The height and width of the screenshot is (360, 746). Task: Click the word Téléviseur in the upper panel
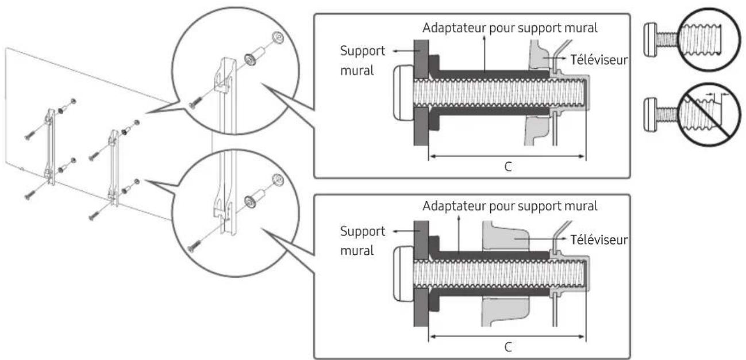(599, 60)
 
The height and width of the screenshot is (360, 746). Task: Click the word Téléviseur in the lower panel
(599, 240)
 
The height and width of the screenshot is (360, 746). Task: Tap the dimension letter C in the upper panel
(508, 167)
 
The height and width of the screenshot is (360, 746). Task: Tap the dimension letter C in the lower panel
(508, 347)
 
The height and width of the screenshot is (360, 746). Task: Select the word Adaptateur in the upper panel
(453, 28)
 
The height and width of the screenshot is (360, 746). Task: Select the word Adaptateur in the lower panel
(453, 206)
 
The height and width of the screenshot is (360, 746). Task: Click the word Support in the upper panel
(363, 51)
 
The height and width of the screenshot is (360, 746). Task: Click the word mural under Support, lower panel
(357, 250)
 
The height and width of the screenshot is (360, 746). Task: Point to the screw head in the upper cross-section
(403, 93)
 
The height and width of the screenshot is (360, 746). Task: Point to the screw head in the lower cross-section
(403, 274)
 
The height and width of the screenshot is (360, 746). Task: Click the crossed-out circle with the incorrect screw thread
(709, 114)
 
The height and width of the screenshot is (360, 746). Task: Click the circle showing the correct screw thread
(709, 39)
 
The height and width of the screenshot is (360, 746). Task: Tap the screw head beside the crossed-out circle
(651, 114)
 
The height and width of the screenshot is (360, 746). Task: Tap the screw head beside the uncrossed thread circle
(651, 40)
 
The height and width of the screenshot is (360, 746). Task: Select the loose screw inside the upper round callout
(195, 102)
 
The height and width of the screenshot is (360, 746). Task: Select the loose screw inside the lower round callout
(194, 246)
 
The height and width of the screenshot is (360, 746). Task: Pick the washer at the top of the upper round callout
(278, 37)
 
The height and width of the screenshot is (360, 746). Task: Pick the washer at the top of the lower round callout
(278, 180)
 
